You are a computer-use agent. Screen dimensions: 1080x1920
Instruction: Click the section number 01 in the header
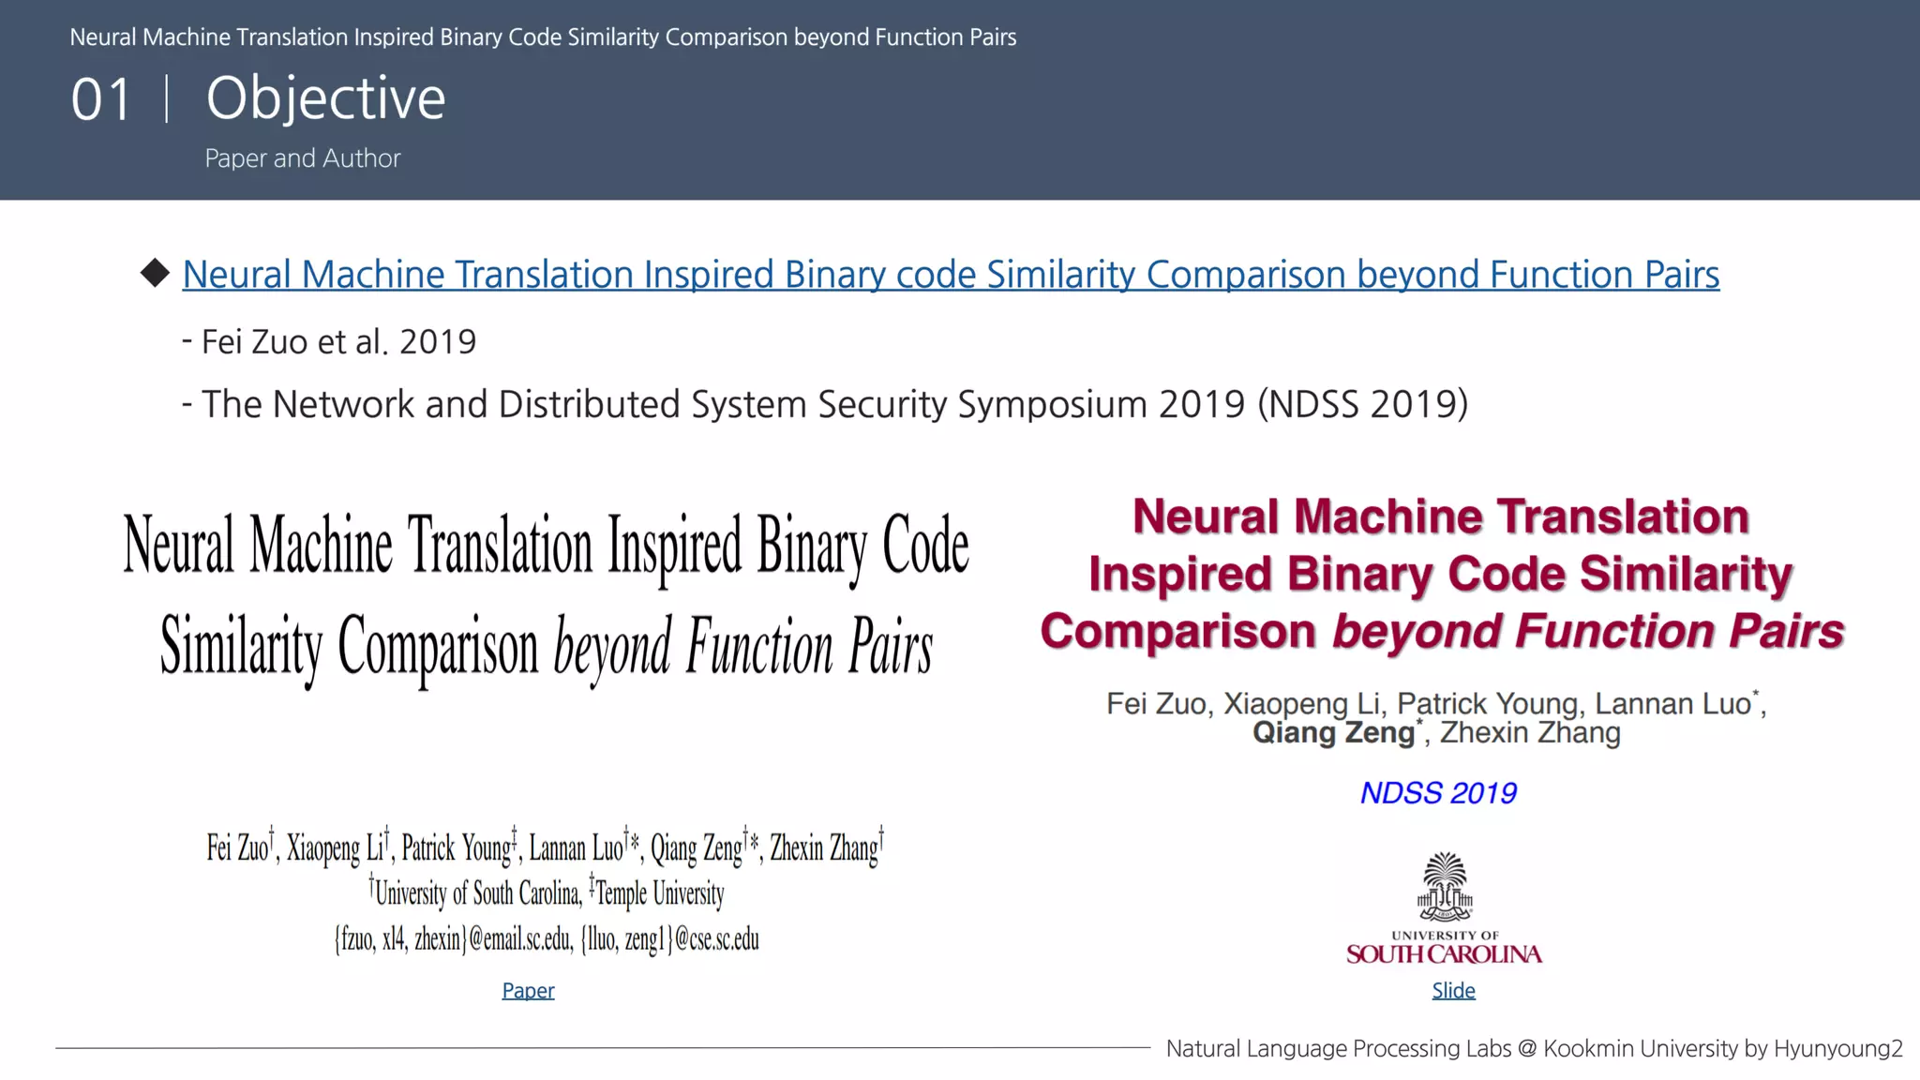tap(101, 99)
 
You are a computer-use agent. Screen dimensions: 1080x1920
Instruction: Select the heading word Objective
tap(325, 98)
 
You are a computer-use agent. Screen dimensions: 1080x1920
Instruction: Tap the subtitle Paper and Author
tap(302, 158)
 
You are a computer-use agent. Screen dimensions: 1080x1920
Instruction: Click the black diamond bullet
tap(155, 273)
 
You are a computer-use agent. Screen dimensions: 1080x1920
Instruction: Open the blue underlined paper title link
tap(951, 275)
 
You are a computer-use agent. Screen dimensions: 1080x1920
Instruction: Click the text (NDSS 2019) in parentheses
tap(1362, 405)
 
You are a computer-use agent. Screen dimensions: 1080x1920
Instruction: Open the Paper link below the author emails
tap(528, 991)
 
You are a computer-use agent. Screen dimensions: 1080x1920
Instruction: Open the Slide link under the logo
tap(1453, 991)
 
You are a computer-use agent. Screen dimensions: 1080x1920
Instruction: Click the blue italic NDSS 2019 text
tap(1438, 793)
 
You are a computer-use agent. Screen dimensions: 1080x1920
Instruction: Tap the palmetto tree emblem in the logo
tap(1445, 886)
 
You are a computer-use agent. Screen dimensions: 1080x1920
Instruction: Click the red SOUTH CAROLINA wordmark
tap(1444, 954)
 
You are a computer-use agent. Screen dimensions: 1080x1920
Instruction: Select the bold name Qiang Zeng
tap(1333, 733)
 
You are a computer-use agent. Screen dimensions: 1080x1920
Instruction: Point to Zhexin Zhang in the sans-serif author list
tap(1530, 733)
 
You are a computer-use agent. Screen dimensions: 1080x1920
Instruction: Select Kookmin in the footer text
tap(1583, 1049)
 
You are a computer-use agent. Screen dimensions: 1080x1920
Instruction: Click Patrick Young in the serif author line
tap(457, 848)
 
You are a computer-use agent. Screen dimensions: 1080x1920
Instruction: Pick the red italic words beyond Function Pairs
tap(1588, 631)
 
